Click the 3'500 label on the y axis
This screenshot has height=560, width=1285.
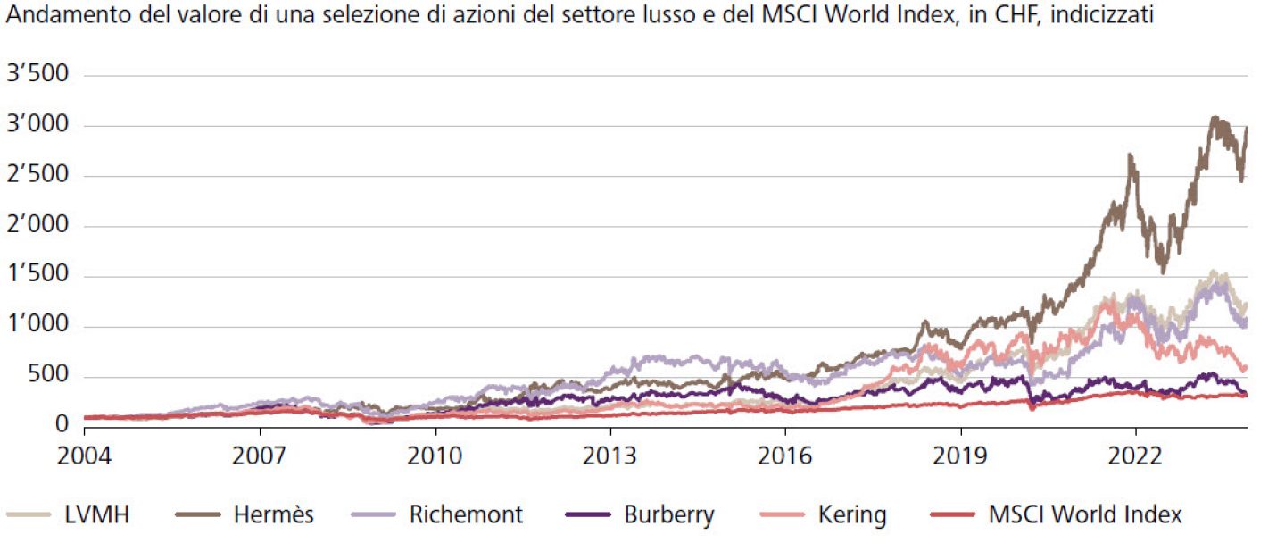pos(37,74)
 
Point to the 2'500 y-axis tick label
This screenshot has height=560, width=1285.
pos(37,175)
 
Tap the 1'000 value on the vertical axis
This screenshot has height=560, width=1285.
pos(37,327)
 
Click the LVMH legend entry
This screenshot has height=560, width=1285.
pos(98,515)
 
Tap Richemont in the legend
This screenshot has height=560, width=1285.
pos(466,515)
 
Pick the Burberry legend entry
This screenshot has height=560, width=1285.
pos(668,515)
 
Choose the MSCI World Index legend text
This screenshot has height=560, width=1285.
pos(1084,515)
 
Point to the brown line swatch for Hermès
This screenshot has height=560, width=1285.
pos(198,515)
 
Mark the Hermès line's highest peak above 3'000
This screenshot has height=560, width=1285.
pos(1213,117)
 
